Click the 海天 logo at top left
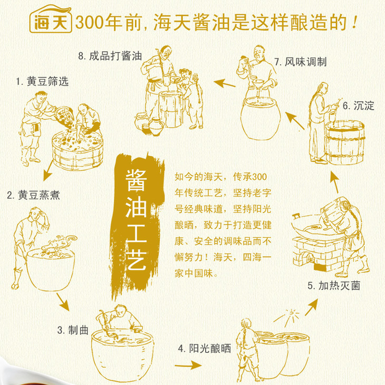coord(50,19)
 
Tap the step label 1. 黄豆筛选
coord(42,81)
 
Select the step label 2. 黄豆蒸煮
coord(33,195)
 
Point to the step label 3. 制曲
coord(73,330)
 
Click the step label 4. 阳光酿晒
coord(205,349)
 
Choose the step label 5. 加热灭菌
coord(334,286)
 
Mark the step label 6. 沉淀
coord(358,106)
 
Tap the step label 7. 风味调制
coord(300,62)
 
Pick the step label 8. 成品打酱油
coord(110,56)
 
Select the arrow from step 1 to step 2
coord(49,170)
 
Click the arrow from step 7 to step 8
coord(225,83)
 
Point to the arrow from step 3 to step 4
coord(188,365)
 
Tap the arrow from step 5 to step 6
coord(334,182)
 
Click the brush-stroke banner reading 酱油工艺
coord(136,225)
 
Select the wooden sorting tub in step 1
coord(78,150)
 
